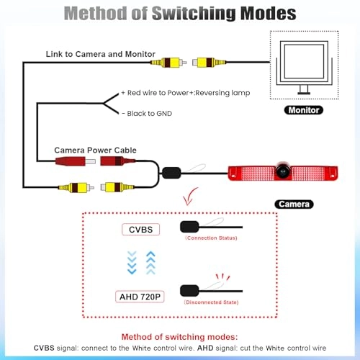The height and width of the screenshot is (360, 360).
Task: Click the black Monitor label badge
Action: point(304,110)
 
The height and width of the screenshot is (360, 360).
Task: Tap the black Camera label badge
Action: point(294,204)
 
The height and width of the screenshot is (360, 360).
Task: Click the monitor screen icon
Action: point(304,61)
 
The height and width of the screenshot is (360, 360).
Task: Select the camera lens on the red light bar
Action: point(283,171)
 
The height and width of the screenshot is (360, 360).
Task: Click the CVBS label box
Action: point(140,230)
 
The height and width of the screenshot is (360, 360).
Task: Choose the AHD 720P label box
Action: point(140,297)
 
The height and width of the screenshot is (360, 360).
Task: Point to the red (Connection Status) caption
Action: point(211,238)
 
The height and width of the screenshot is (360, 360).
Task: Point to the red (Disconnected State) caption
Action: point(212,302)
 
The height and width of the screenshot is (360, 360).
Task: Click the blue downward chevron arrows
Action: point(132,263)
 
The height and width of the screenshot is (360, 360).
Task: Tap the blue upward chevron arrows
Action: point(150,263)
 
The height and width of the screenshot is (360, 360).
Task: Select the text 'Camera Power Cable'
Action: point(95,150)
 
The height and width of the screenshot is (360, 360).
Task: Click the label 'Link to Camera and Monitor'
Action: point(101,54)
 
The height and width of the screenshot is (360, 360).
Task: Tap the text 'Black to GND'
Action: point(149,114)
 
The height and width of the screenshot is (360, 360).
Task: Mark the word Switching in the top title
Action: point(194,13)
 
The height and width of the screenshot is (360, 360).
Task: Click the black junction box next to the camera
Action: point(171,173)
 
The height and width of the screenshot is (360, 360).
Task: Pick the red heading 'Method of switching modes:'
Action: point(179,337)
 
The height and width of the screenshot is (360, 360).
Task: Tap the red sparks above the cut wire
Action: point(222,276)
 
